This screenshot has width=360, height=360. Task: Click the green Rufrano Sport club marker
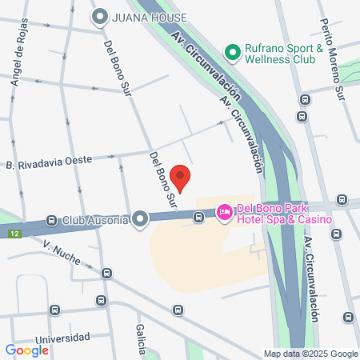point(233,54)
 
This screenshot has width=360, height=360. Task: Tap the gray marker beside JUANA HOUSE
point(100,16)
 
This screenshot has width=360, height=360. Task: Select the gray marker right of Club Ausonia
point(141,218)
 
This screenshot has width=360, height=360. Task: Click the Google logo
point(26,350)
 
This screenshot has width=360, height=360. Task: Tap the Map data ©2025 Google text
point(311,354)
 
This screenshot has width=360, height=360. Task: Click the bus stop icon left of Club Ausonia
point(52,220)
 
